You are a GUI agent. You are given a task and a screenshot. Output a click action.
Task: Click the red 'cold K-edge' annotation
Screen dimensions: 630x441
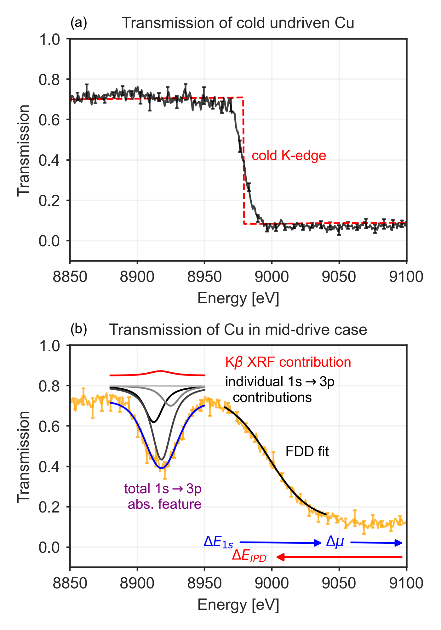pos(289,156)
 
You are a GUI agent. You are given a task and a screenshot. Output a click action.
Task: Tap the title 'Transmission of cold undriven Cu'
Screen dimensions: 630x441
pos(238,23)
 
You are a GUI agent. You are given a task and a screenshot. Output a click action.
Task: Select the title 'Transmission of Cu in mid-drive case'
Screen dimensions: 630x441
pos(238,330)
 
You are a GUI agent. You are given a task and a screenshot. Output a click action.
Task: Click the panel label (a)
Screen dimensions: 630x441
pos(78,23)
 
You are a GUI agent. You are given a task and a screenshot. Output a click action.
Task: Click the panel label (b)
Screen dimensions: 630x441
pos(78,329)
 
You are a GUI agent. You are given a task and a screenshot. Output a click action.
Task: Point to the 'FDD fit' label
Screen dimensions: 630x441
pos(307,452)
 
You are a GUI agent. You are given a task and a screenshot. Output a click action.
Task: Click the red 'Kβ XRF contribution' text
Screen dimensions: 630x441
pos(288,362)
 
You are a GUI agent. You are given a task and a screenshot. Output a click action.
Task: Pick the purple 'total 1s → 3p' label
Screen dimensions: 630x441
pos(163,489)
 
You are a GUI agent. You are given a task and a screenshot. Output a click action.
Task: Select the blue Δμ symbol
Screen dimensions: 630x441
pos(335,541)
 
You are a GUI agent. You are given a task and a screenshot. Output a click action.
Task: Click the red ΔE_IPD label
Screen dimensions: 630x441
pos(249,556)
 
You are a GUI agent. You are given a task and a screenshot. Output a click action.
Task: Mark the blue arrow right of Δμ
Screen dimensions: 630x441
pos(376,542)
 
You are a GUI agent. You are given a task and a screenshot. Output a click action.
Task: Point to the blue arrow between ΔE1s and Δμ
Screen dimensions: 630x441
pos(280,542)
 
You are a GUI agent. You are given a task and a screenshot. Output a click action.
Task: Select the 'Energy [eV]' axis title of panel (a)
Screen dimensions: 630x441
pos(238,298)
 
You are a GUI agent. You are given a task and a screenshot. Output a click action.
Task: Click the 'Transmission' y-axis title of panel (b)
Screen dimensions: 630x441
pos(23,457)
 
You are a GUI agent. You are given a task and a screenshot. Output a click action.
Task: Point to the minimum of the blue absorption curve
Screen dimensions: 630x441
pos(161,468)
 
